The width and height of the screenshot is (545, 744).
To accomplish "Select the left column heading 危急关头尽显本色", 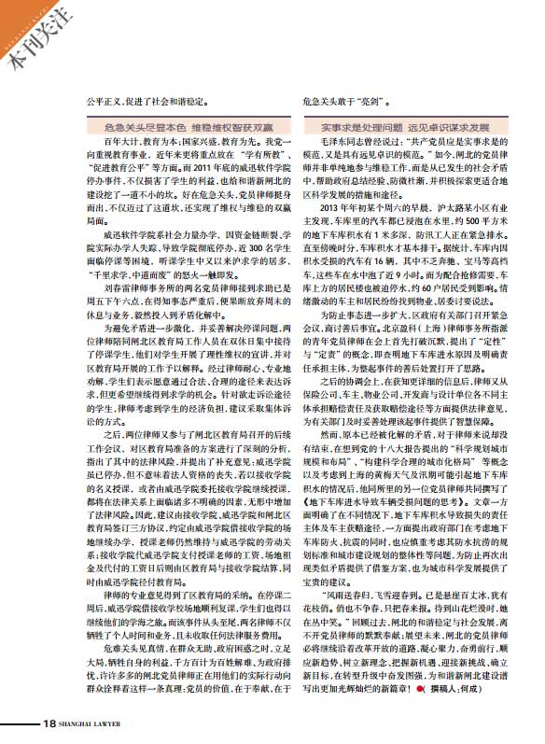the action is point(140,123).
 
